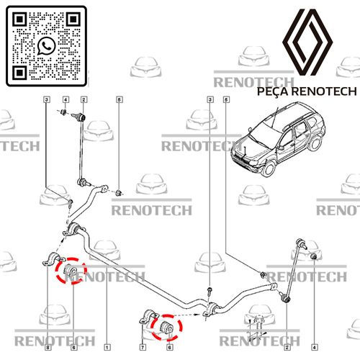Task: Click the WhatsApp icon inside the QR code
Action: (48, 45)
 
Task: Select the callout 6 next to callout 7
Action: (169, 346)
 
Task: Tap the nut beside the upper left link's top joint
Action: (66, 114)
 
